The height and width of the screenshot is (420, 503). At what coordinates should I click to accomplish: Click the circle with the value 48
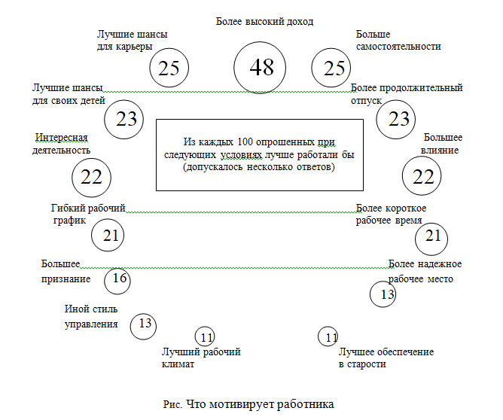tap(261, 67)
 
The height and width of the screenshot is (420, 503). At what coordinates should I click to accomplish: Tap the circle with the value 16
tap(117, 278)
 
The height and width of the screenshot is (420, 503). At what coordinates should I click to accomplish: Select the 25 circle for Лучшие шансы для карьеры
tap(169, 68)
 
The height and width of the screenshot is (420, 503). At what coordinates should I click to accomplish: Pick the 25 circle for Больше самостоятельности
tap(334, 68)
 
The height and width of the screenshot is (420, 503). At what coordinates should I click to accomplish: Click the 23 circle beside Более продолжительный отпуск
tap(398, 118)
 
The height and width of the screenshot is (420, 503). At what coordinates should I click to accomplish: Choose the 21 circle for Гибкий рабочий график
tap(111, 236)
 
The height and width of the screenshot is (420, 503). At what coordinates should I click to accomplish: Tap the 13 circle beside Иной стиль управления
tap(144, 324)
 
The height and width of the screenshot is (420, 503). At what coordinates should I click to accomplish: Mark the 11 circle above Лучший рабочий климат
tap(205, 336)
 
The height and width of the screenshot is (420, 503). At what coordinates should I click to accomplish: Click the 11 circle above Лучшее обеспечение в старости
tap(328, 336)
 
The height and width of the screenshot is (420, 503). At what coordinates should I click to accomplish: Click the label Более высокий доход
tap(264, 22)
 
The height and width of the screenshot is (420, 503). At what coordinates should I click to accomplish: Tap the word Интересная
tap(62, 137)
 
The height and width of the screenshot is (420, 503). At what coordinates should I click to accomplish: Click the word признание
tap(66, 278)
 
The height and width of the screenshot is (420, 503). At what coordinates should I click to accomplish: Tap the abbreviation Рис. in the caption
tap(172, 403)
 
